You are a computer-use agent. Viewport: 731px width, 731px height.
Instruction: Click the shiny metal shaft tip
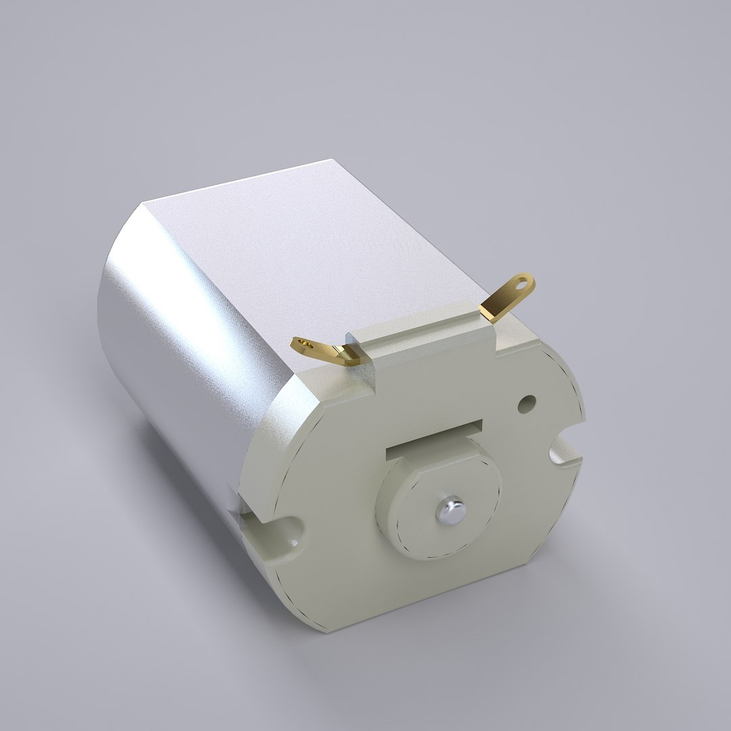pyautogui.click(x=449, y=510)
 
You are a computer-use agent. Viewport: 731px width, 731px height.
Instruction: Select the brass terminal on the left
pyautogui.click(x=325, y=351)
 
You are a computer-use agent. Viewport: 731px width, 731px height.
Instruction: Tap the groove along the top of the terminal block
pyautogui.click(x=420, y=334)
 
